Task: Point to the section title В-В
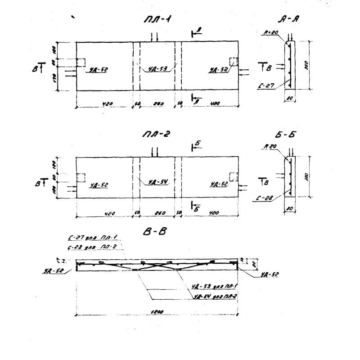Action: tap(152, 232)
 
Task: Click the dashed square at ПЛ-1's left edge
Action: tap(81, 62)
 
